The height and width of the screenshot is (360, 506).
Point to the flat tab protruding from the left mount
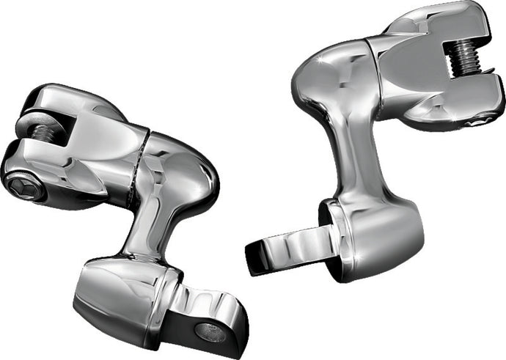tap(201, 323)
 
